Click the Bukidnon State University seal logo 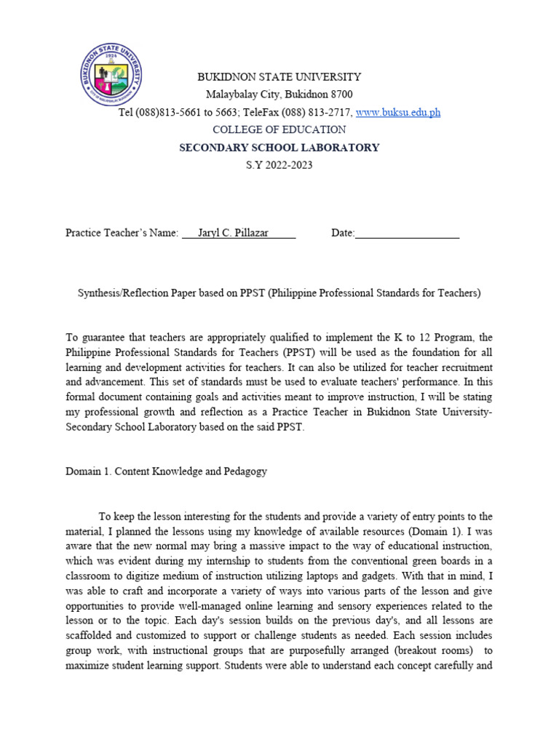point(111,76)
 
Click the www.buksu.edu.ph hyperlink point(397,112)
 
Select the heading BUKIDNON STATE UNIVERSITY point(279,76)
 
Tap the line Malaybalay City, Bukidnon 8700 point(279,95)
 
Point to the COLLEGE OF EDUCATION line point(279,130)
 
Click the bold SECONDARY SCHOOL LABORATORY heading point(279,148)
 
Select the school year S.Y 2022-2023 point(279,165)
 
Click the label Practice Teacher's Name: point(122,233)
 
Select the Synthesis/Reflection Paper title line point(279,293)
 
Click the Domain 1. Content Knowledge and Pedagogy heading point(166,471)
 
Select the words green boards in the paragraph point(446,561)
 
